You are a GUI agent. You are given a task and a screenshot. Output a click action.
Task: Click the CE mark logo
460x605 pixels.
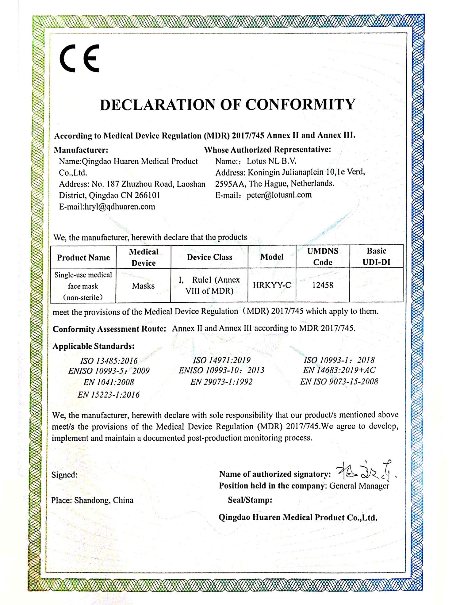[x=79, y=58]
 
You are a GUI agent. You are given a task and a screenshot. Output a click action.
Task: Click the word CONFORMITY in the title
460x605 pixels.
[x=300, y=105]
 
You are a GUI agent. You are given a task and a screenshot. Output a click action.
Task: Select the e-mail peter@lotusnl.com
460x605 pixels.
[x=279, y=195]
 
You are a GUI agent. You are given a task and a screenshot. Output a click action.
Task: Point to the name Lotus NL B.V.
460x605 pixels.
[x=272, y=161]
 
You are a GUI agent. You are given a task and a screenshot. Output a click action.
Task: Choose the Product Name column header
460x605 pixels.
[x=83, y=258]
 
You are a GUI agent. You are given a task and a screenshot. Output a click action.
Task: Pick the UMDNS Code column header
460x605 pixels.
[x=323, y=257]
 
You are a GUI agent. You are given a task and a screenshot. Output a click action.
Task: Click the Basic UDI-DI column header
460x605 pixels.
[x=376, y=256]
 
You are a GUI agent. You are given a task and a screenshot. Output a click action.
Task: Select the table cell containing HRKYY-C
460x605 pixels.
[x=272, y=285]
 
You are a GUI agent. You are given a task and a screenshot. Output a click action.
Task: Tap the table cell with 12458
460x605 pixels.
[x=323, y=285]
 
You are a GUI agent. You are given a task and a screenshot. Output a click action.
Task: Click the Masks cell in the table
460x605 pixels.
[x=143, y=286]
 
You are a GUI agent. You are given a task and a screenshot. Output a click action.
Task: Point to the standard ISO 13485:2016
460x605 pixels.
[x=109, y=361]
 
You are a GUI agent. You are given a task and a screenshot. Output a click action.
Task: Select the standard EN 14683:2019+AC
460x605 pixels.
[x=339, y=370]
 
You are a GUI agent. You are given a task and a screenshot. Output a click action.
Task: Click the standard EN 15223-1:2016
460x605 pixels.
[x=109, y=395]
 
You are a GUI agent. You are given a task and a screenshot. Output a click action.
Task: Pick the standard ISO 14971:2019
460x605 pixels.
[x=221, y=360]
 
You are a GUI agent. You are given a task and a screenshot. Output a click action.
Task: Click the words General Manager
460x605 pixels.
[x=359, y=486]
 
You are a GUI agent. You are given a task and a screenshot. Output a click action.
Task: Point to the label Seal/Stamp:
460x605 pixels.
[x=250, y=500]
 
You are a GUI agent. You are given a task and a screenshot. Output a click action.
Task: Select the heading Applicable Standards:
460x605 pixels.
[x=94, y=346]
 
